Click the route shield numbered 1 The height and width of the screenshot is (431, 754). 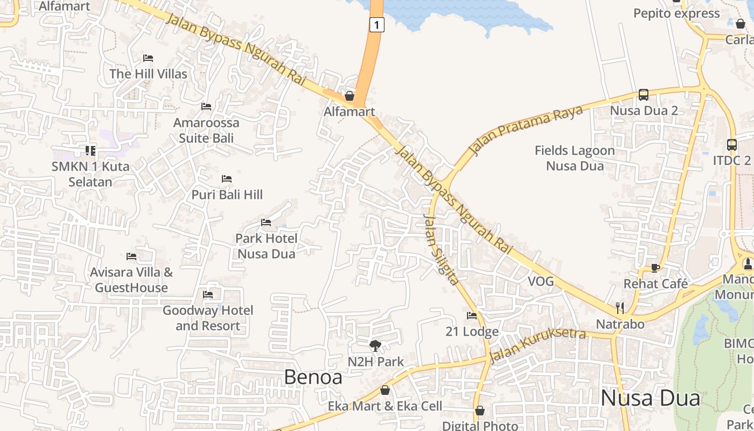coord(377,24)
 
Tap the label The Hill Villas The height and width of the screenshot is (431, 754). coord(148,74)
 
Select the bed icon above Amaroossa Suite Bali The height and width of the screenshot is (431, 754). coord(206,107)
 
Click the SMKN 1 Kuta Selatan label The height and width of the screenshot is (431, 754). coord(90,174)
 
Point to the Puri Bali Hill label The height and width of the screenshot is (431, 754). coord(227,194)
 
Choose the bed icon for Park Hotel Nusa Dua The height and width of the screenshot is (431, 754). coord(266,222)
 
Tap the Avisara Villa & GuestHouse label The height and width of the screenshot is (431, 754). coord(131,280)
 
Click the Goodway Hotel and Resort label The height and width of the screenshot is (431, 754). coord(208,318)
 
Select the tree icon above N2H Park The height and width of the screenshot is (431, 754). coord(375,345)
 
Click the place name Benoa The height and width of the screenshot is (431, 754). coord(313,377)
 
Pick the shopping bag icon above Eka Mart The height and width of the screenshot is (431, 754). coord(385,390)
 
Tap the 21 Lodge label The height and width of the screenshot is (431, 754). coord(472,331)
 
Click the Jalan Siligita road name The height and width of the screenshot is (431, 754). coord(441,249)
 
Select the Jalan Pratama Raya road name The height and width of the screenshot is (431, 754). coord(526,130)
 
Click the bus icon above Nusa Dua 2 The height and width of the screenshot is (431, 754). coord(644,95)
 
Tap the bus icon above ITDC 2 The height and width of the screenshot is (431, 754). coord(731,144)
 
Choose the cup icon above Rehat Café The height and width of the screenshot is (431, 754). coord(655,268)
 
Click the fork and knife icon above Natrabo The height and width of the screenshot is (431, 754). coord(620,308)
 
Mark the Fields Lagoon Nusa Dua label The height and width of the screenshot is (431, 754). coord(575,158)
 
